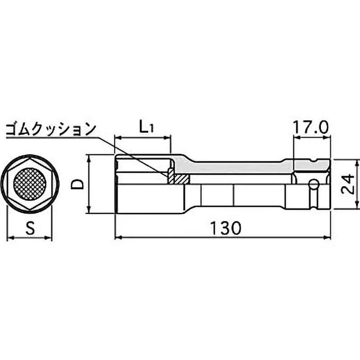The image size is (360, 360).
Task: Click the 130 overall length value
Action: (x=224, y=228)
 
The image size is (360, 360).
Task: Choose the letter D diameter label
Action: (x=78, y=184)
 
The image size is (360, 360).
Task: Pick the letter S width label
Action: (x=30, y=229)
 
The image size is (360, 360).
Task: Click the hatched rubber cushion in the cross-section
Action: (x=178, y=179)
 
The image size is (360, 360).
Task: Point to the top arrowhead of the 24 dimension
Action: (x=357, y=162)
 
